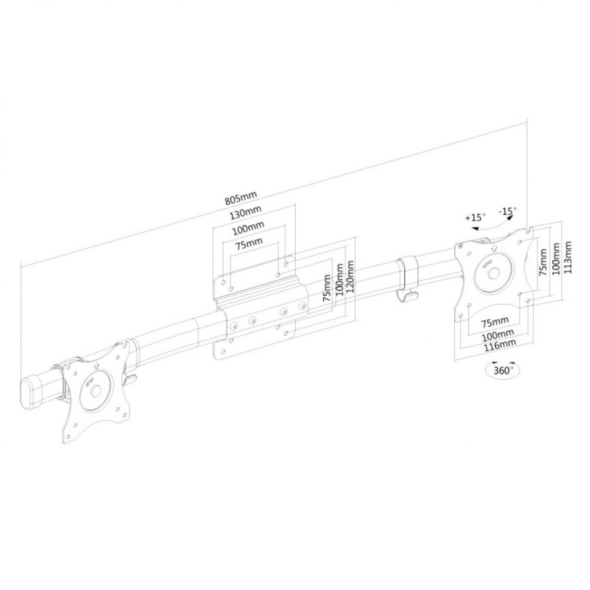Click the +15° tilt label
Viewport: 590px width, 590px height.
point(474,218)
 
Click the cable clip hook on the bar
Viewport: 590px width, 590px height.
point(407,277)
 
